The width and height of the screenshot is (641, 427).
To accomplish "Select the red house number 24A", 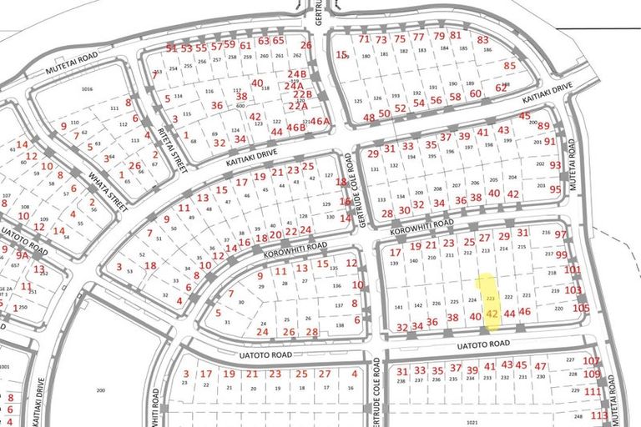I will click(x=293, y=86).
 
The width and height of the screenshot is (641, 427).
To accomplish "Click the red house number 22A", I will click(x=299, y=106).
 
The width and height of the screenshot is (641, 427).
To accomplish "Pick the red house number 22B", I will click(x=301, y=95).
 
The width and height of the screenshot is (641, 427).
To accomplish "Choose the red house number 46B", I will click(x=296, y=128).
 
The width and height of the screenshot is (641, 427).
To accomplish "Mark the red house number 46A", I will click(x=320, y=122).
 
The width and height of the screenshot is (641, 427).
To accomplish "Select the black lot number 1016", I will click(x=86, y=89).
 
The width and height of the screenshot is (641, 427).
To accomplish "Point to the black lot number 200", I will click(x=102, y=390).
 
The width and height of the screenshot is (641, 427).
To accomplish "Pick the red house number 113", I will click(x=598, y=414).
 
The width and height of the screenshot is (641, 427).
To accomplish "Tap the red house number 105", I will click(x=581, y=308).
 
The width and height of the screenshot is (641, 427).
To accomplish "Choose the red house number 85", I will click(x=510, y=65).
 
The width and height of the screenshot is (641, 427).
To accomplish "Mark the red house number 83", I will click(x=482, y=40).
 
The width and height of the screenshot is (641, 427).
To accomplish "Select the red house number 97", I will click(x=560, y=235).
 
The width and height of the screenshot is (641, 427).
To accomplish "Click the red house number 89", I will click(x=543, y=126).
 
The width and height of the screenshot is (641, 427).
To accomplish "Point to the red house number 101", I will click(x=572, y=270).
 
